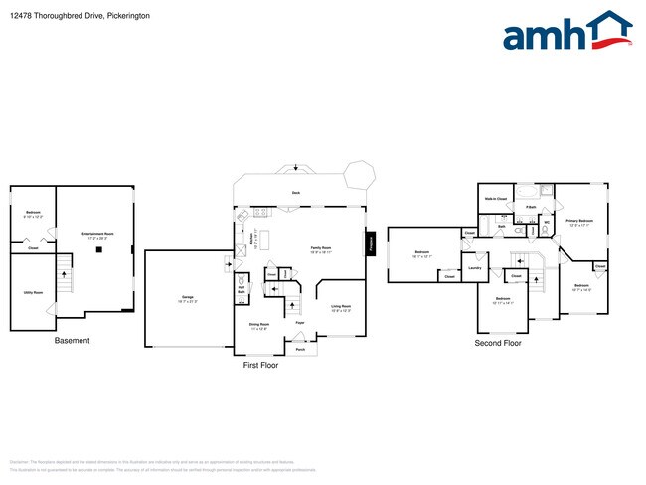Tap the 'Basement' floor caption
pos(72,341)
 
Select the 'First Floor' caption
pos(261,365)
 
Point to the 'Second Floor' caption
pos(498,343)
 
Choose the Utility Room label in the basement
pos(33,293)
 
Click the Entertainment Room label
pos(97,235)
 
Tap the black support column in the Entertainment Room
pos(98,249)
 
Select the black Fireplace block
pos(371,243)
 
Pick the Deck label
pos(296,192)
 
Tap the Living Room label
pos(340,307)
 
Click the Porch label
pos(299,348)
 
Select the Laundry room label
pos(475,267)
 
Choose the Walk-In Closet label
pos(496,199)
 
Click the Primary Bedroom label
pos(579,221)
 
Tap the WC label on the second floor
pos(547,222)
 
